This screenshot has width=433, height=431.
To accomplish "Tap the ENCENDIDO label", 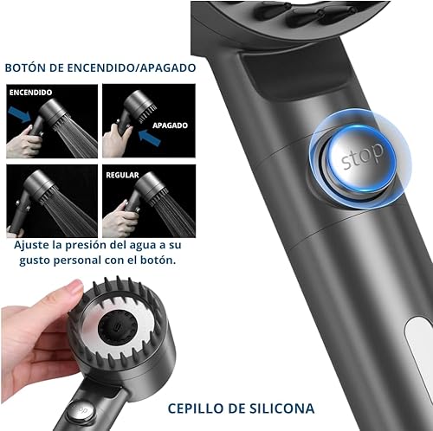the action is [x=30, y=93].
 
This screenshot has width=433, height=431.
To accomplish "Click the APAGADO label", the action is [x=170, y=125].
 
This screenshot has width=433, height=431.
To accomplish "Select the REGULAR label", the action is [x=122, y=175].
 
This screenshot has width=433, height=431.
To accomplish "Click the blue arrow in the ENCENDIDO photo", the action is [x=20, y=114].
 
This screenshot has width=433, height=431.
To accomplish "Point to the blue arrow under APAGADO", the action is [x=150, y=138].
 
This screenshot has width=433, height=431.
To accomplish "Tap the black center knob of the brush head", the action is [x=116, y=328].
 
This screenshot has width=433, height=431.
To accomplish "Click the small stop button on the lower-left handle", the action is [x=81, y=411].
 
